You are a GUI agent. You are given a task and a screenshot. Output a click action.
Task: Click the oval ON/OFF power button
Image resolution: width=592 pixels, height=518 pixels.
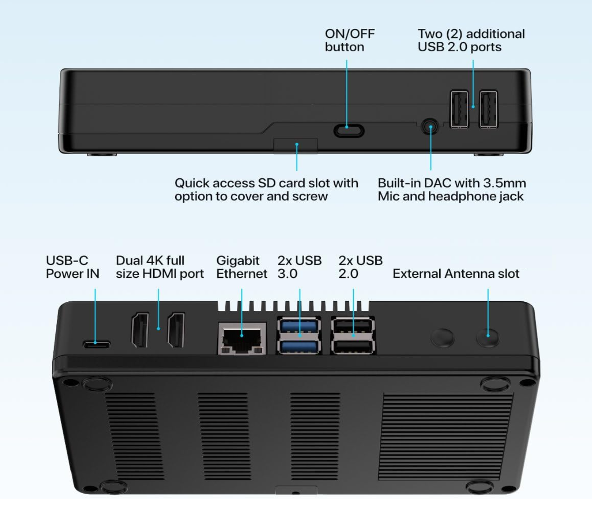349,131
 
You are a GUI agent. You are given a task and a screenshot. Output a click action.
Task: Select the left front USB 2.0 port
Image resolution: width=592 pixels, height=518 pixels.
459,109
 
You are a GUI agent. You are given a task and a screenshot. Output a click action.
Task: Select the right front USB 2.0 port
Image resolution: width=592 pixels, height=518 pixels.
488,109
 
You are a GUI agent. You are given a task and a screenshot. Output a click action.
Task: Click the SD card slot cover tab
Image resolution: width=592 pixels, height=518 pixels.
296,146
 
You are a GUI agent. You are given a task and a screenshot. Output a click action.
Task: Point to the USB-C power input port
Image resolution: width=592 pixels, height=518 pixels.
96,345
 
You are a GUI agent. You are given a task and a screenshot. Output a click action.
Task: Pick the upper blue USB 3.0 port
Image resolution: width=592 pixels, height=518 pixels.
300,325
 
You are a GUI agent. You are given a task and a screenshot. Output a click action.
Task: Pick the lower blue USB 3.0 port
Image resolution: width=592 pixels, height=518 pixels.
300,346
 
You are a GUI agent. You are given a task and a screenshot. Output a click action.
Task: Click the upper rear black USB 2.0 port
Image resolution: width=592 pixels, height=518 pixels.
353,325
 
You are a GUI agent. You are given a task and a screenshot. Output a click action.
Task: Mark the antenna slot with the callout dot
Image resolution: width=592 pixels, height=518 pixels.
488,336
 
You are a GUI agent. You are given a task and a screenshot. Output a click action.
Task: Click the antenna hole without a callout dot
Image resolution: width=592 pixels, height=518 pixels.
442,337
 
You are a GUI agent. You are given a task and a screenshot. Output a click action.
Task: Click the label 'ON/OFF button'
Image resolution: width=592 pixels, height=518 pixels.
350,40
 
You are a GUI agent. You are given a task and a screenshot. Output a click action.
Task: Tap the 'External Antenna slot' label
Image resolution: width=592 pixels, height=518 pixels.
455,273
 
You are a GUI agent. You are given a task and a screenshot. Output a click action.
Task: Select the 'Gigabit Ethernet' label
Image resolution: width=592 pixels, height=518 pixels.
241,267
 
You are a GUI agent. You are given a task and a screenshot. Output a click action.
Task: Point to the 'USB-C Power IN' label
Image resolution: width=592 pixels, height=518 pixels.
72,267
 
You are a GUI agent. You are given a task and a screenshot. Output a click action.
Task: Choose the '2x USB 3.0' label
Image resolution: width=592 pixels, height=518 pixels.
299,267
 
